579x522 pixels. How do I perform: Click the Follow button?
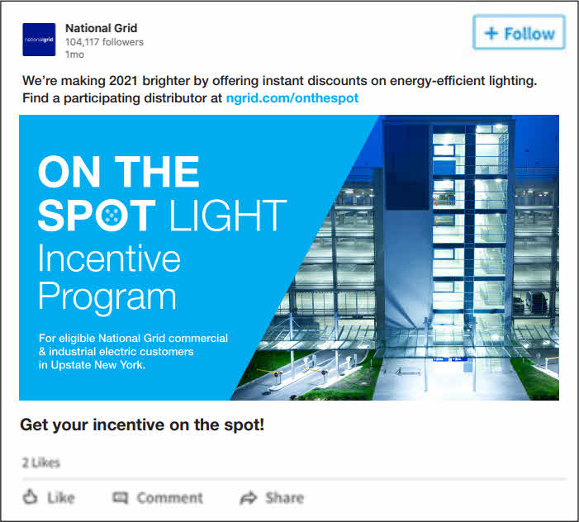[519, 34]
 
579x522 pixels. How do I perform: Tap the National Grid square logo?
[39, 40]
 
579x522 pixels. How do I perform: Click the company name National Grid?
[102, 28]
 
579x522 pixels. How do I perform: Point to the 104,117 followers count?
[104, 42]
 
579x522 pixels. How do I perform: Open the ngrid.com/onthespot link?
[292, 97]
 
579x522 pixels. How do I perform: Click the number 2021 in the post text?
[121, 81]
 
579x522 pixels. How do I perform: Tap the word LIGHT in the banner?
[227, 216]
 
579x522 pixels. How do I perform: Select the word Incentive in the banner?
[109, 259]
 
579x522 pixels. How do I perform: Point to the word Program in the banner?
[107, 297]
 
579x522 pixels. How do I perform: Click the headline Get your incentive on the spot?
[141, 425]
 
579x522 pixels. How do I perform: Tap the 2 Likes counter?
[40, 463]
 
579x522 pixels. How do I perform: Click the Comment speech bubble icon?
[121, 497]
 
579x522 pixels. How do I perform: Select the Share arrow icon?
[248, 497]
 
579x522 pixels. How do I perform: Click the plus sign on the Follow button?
[491, 34]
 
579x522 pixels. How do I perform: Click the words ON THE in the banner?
[119, 172]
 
